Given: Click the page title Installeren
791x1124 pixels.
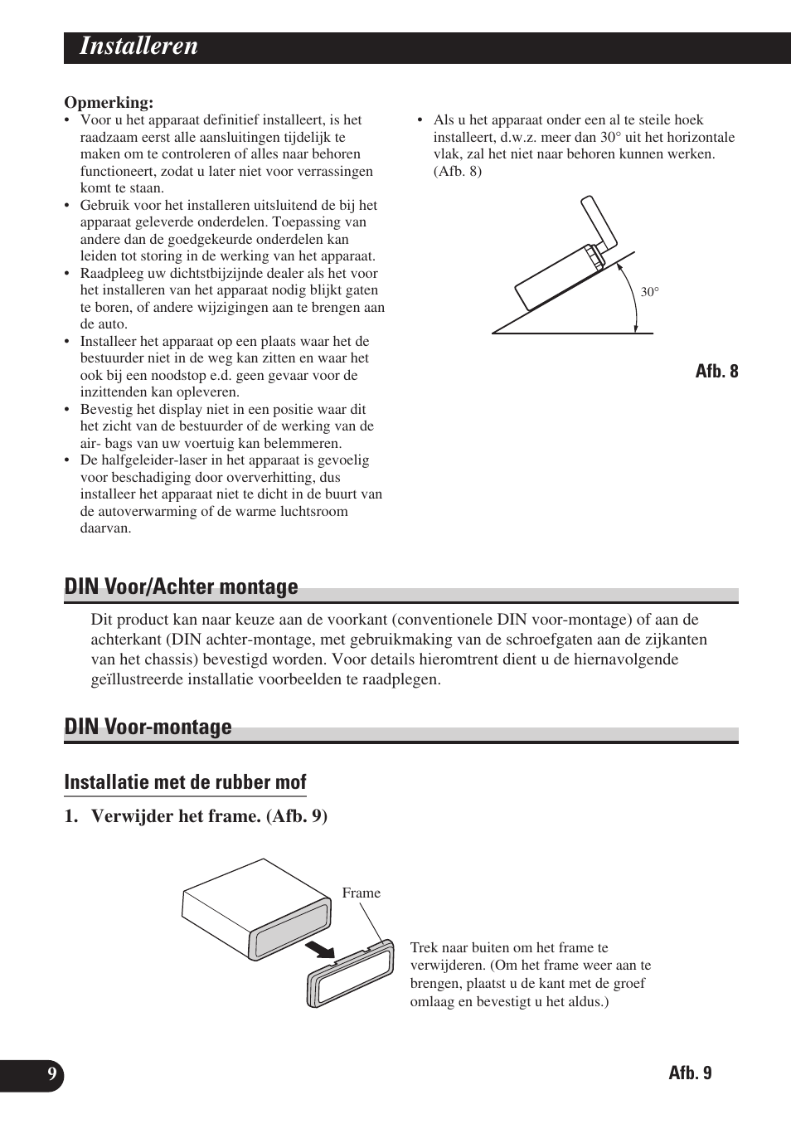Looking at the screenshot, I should click(138, 46).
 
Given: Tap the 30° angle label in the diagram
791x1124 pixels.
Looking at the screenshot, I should click(649, 292).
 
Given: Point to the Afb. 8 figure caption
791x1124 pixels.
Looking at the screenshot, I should click(716, 371).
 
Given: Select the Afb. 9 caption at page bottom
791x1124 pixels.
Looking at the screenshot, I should click(690, 1073).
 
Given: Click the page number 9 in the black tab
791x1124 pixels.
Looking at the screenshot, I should click(51, 1075).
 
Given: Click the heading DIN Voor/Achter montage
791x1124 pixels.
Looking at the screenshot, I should click(181, 587).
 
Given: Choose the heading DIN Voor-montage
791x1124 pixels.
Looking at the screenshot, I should click(148, 727).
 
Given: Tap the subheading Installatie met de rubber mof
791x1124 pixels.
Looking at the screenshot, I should click(185, 782).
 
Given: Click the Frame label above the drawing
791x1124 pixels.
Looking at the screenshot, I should click(362, 893).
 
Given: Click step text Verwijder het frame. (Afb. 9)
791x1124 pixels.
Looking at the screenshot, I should click(209, 816).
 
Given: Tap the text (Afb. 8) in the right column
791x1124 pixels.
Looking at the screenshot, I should click(457, 171).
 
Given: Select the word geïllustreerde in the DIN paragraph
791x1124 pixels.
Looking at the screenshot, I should click(137, 679).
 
